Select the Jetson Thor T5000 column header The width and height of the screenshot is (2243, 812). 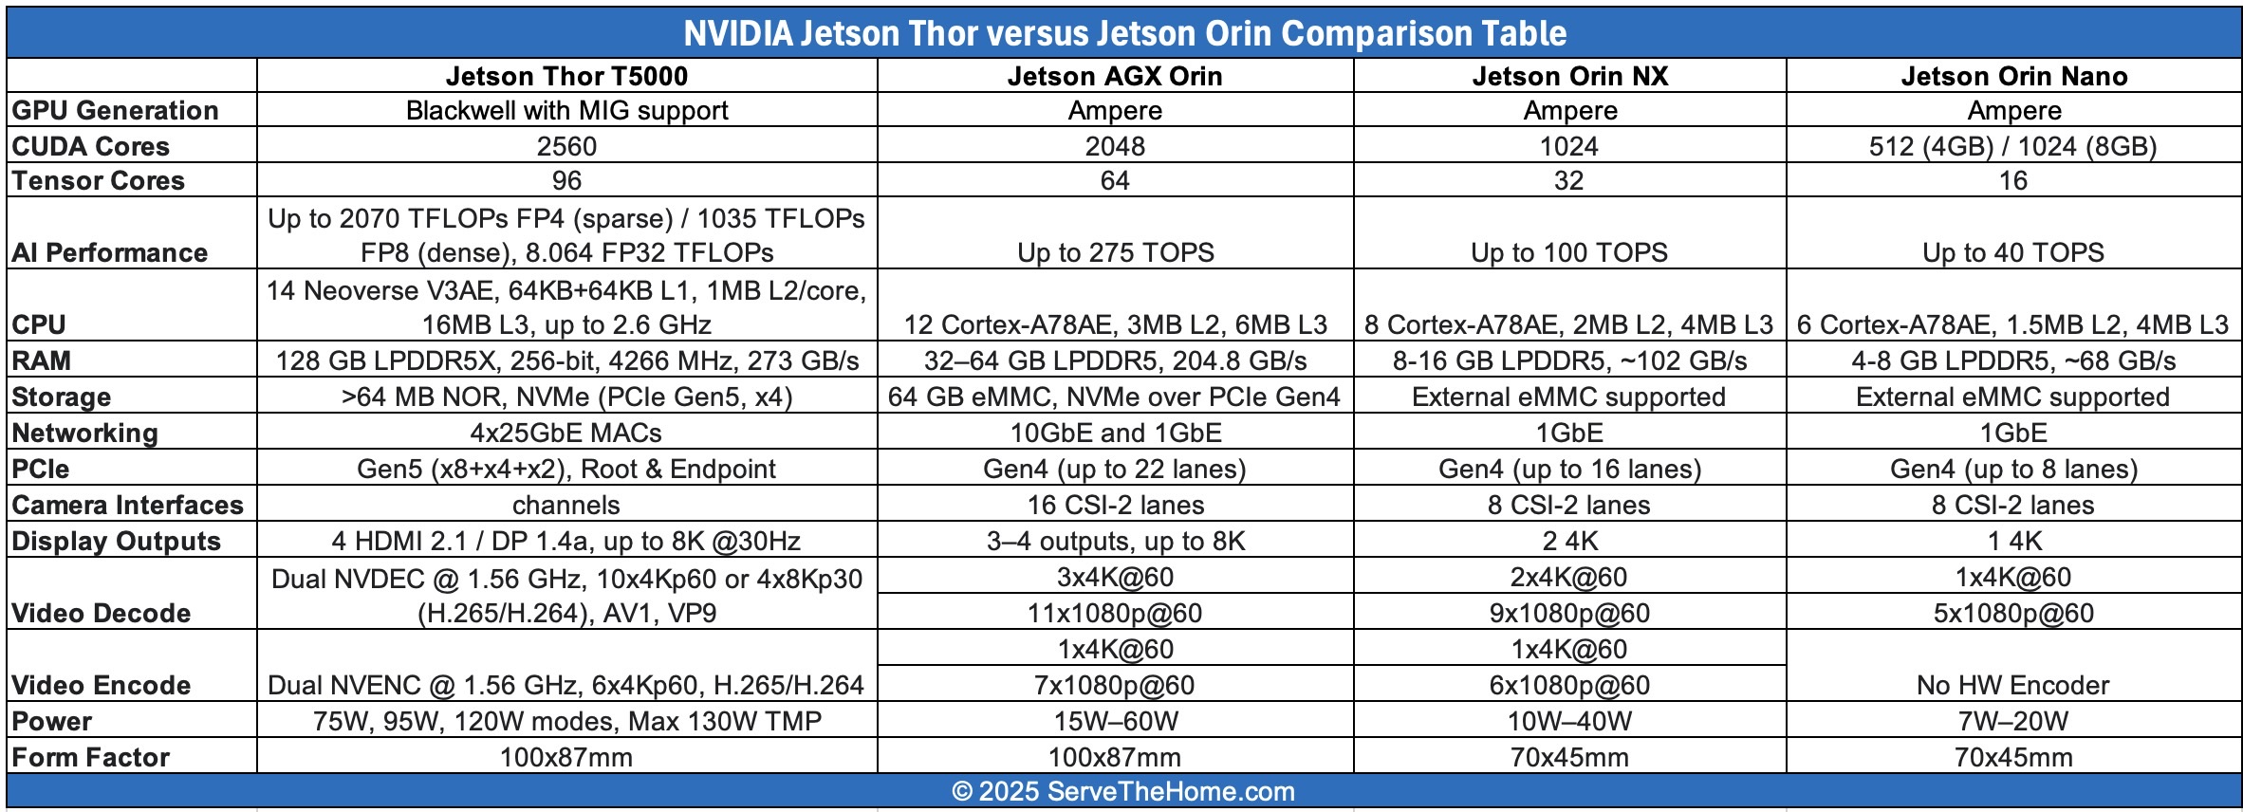[x=566, y=76]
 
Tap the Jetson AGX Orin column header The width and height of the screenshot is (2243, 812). [x=1115, y=76]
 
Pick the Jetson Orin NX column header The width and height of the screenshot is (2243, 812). [x=1569, y=76]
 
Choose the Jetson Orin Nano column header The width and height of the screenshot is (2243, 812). [x=2013, y=76]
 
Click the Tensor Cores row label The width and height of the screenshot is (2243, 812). [x=99, y=180]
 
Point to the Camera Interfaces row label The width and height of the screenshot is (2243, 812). [x=128, y=505]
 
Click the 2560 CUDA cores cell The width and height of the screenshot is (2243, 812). [x=566, y=146]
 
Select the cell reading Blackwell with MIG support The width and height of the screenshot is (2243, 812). [x=566, y=110]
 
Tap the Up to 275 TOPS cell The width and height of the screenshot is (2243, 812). [x=1115, y=252]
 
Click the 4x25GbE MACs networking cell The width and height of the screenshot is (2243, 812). [x=566, y=433]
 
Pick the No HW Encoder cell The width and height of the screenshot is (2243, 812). [x=2013, y=685]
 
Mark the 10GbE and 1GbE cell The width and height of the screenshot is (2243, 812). [x=1115, y=433]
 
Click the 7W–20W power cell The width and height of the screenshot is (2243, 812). [x=2013, y=721]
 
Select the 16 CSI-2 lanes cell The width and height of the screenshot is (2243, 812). [x=1115, y=505]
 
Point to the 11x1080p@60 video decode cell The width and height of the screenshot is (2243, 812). [x=1115, y=613]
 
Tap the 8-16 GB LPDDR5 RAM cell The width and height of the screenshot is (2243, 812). [x=1569, y=360]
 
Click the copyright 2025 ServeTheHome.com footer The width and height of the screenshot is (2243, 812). [x=1123, y=791]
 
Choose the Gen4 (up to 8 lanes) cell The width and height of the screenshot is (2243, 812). [x=2013, y=469]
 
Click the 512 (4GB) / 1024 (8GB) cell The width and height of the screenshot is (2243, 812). [x=2013, y=146]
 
